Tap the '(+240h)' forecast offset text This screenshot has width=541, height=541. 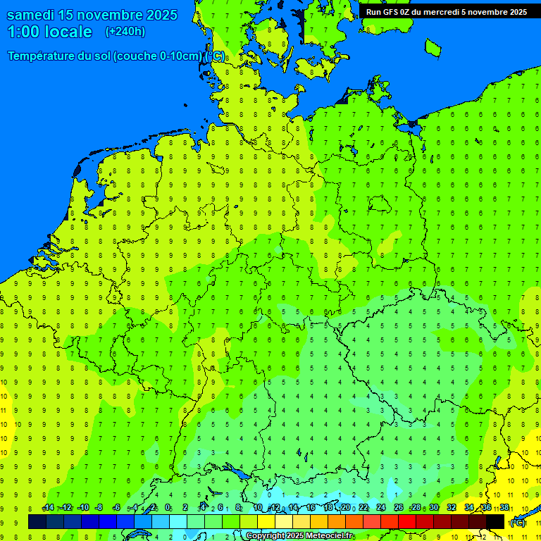[125, 32]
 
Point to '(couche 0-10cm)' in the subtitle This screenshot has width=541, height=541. [158, 56]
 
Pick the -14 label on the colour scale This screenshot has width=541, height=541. [47, 508]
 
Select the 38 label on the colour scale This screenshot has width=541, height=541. [504, 508]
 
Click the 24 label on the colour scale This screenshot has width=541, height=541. [381, 508]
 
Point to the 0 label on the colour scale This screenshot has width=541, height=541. [168, 508]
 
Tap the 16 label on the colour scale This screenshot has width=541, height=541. [311, 508]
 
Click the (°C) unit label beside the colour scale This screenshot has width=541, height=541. [517, 523]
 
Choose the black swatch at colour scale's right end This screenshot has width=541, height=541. [495, 521]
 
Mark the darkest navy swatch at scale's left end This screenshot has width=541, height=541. [37, 521]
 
